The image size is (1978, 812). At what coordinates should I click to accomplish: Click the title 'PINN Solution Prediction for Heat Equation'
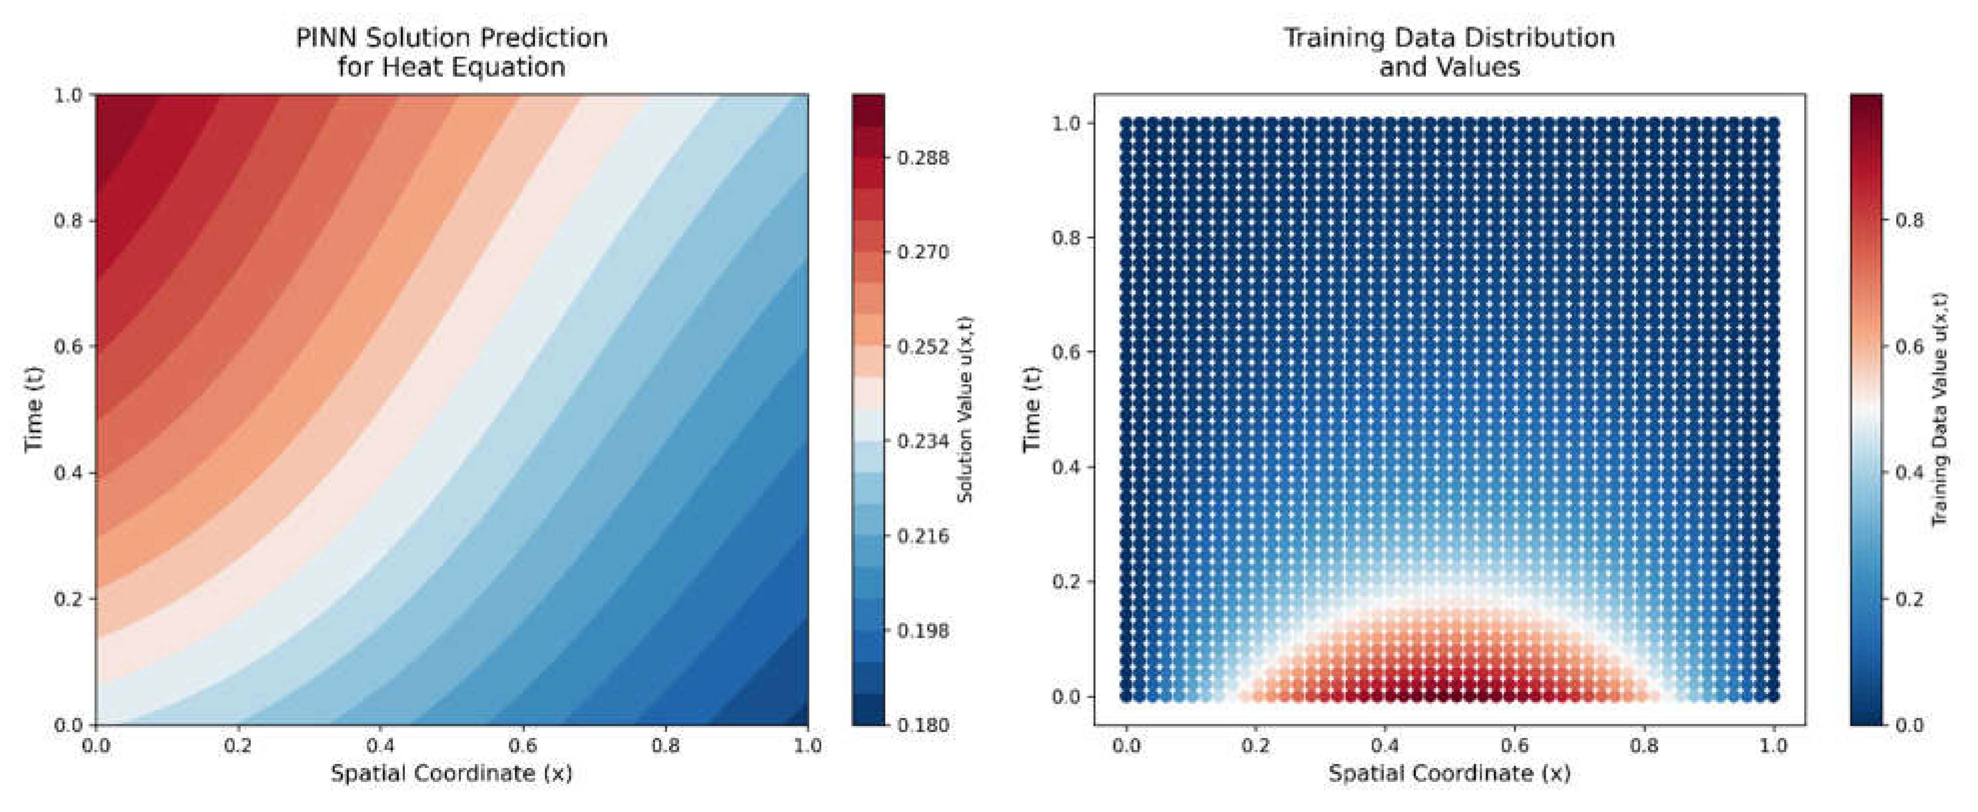click(x=451, y=52)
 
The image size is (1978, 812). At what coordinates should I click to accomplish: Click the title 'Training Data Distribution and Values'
click(x=1449, y=52)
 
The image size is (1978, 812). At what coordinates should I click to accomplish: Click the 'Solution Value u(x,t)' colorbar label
click(x=966, y=409)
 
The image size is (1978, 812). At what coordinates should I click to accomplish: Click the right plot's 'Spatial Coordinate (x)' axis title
click(x=1449, y=773)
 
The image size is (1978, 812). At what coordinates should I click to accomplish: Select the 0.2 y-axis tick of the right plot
click(x=1066, y=582)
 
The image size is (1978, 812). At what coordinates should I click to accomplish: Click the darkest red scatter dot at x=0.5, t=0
click(x=1450, y=696)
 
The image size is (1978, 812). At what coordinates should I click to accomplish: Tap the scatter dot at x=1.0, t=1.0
click(x=1773, y=123)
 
